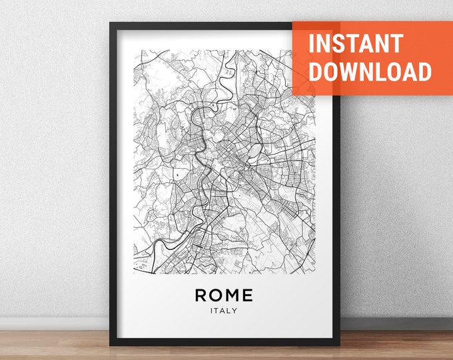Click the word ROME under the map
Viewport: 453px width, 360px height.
pos(224,294)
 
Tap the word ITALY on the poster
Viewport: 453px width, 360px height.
pos(224,309)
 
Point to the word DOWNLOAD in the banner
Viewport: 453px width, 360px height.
pos(370,71)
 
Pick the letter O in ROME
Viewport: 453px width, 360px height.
pos(215,294)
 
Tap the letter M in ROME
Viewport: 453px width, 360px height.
pos(231,294)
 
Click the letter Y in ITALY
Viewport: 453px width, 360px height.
pos(234,309)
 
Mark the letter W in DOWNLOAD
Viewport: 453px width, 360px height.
pos(349,71)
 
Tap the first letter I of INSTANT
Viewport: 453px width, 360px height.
pos(310,43)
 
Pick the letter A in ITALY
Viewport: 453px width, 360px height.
pos(223,309)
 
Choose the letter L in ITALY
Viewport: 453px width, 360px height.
pos(229,309)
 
